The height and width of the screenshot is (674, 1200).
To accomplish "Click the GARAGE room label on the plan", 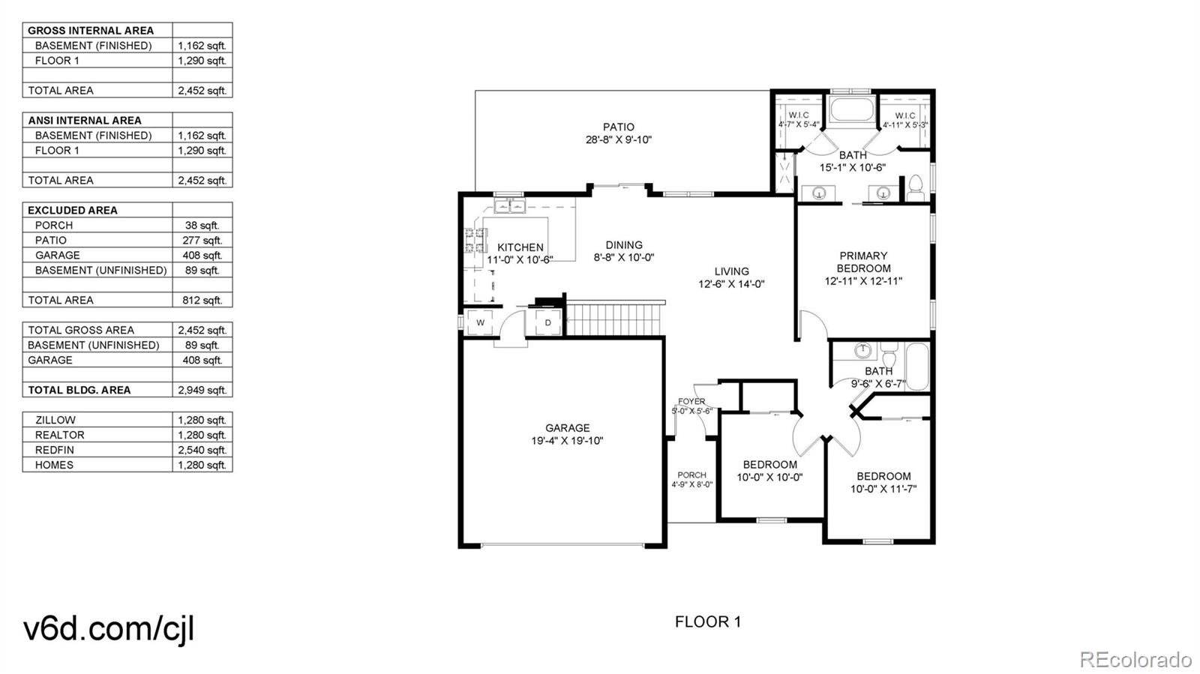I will click(x=567, y=428).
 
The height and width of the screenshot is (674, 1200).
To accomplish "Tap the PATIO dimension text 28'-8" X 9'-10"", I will click(x=619, y=139).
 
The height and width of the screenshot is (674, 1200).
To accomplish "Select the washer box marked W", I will click(x=480, y=323).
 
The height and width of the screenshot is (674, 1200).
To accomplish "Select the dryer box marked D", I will click(x=547, y=323).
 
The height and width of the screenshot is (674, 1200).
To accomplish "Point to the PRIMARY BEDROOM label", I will click(x=863, y=262).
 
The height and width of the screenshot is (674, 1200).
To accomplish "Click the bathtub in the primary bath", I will click(x=851, y=111).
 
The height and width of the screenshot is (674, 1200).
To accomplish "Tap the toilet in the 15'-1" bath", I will click(x=915, y=187).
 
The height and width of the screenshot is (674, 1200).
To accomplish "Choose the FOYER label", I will click(x=691, y=402).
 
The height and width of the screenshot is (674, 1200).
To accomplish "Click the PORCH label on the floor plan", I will click(x=691, y=475).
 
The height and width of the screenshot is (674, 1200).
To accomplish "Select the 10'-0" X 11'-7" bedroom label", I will click(x=883, y=489).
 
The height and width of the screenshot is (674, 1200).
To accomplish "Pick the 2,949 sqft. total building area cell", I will click(x=202, y=390).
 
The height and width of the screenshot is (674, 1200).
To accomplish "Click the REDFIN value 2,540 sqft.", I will click(x=202, y=450).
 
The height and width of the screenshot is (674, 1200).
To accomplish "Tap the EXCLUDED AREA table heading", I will click(x=73, y=210).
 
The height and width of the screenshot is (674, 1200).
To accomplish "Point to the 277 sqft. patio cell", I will click(x=202, y=240).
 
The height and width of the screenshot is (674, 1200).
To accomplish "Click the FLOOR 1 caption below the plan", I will click(x=707, y=622).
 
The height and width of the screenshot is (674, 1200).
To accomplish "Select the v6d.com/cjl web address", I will click(x=109, y=628).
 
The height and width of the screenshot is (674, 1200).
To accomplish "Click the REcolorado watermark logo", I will click(x=1135, y=659).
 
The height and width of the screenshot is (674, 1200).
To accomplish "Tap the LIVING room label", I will click(x=731, y=271).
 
